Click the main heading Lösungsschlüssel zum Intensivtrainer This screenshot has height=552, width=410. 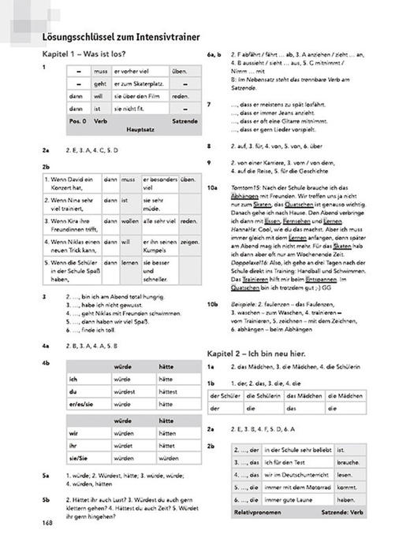121,36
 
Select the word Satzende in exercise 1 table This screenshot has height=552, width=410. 184,122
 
